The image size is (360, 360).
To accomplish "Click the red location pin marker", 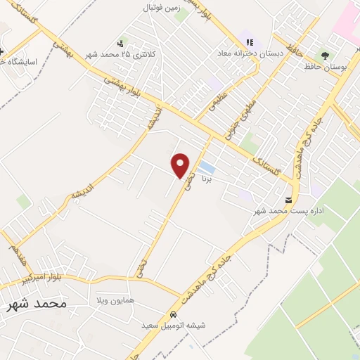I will (x=181, y=165).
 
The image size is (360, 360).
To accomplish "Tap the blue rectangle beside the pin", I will (x=207, y=167).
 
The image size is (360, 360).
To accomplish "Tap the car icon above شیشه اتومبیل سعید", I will (x=173, y=314).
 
